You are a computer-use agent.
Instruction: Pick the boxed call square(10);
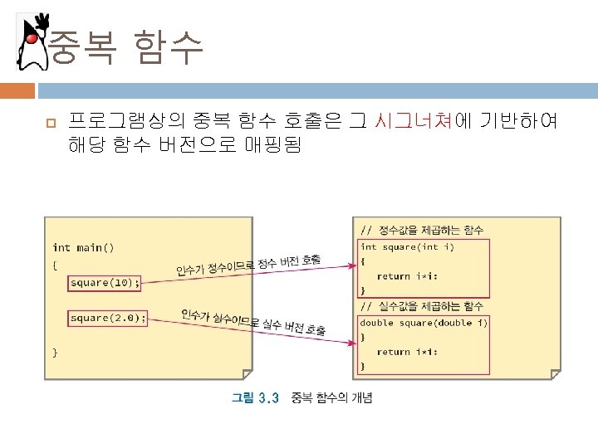click(105, 283)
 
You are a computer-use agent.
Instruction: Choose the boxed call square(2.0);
click(108, 318)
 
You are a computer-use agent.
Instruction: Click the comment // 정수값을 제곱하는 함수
click(421, 229)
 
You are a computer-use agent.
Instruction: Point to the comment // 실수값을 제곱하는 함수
click(421, 306)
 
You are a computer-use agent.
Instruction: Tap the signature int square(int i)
click(407, 246)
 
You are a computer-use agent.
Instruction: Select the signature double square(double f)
click(424, 322)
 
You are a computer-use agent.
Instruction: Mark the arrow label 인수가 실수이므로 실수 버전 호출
click(252, 323)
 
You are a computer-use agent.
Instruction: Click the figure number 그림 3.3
click(254, 398)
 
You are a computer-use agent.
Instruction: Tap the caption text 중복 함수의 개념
click(331, 398)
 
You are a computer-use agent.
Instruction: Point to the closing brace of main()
click(56, 352)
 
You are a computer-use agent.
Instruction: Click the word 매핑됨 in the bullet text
click(274, 146)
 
